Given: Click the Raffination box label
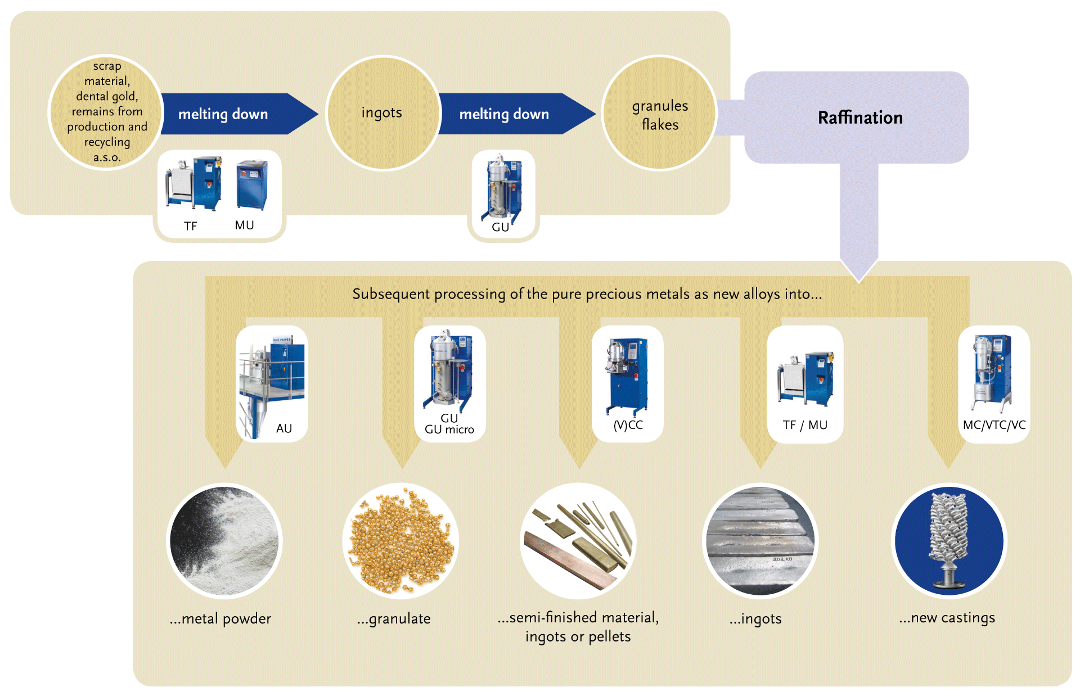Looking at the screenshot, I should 859,117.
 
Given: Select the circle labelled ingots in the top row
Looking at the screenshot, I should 382,112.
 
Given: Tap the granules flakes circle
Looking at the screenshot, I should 659,114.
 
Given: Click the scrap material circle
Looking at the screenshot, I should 106,111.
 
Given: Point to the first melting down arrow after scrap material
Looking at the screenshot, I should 231,114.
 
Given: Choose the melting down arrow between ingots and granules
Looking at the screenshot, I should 509,114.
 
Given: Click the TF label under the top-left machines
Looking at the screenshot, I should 190,226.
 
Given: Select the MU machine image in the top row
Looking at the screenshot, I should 251,185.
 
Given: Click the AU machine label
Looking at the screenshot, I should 284,428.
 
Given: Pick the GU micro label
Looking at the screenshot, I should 449,430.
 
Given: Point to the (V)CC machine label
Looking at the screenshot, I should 628,425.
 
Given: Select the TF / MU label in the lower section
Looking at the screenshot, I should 805,425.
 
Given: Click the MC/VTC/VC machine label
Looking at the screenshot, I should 994,425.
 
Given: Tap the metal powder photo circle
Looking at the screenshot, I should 225,541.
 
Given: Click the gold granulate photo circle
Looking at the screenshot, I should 400,541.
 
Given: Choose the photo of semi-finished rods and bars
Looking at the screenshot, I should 578,541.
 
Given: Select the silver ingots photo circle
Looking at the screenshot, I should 760,541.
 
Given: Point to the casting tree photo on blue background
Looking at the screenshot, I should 949,541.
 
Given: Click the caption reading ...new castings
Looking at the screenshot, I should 947,617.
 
